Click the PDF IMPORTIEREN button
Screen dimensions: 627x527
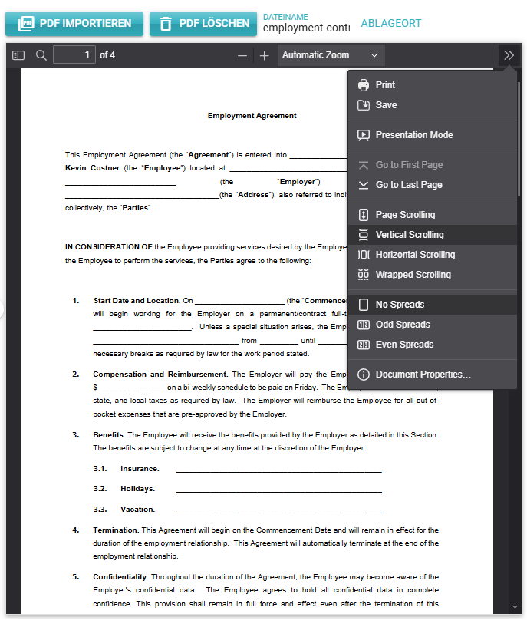coord(74,24)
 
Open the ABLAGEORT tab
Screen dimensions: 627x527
coord(390,23)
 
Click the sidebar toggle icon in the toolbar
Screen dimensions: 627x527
coord(18,55)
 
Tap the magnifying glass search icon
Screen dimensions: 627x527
coord(41,55)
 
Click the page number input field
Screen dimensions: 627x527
coord(74,55)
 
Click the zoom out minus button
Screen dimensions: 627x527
coord(242,55)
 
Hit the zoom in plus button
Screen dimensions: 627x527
coord(265,55)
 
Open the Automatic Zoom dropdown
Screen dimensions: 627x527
coord(330,55)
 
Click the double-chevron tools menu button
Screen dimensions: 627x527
coord(509,55)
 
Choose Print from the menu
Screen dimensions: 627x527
coord(385,85)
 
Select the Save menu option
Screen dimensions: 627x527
coord(386,105)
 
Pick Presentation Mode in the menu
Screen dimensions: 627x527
coord(413,135)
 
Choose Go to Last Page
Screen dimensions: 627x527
coord(408,185)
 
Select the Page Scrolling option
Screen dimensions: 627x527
coord(404,215)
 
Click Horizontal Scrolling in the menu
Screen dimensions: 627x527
coord(414,255)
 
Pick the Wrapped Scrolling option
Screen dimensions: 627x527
coord(413,275)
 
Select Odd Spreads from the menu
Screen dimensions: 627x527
coord(402,325)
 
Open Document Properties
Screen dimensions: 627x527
coord(423,375)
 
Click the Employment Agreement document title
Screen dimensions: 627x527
coord(252,116)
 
